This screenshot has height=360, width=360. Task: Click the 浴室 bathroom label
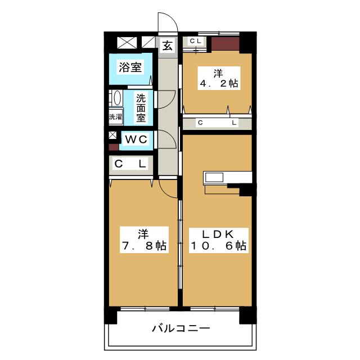coord(130,67)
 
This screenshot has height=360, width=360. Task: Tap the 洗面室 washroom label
coord(141,108)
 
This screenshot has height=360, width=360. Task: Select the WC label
coord(136,139)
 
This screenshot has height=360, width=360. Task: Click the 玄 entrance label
coord(168,46)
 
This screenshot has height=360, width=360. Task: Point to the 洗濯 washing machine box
coord(115,116)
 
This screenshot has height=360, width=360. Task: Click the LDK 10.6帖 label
coord(218,240)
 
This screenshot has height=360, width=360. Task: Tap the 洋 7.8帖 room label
coord(144,240)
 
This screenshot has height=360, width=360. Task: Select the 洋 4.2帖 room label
coord(219,78)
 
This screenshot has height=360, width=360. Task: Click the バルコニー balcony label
coord(181,328)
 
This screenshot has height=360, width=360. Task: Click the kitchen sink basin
coord(214,178)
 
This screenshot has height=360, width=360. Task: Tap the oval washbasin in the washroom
coord(118,98)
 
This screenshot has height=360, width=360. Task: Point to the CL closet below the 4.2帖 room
coord(217,123)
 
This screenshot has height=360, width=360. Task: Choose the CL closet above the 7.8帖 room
coord(131,164)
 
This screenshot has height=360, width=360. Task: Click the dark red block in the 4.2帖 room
coord(225,44)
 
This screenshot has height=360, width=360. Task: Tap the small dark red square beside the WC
coord(114,147)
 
